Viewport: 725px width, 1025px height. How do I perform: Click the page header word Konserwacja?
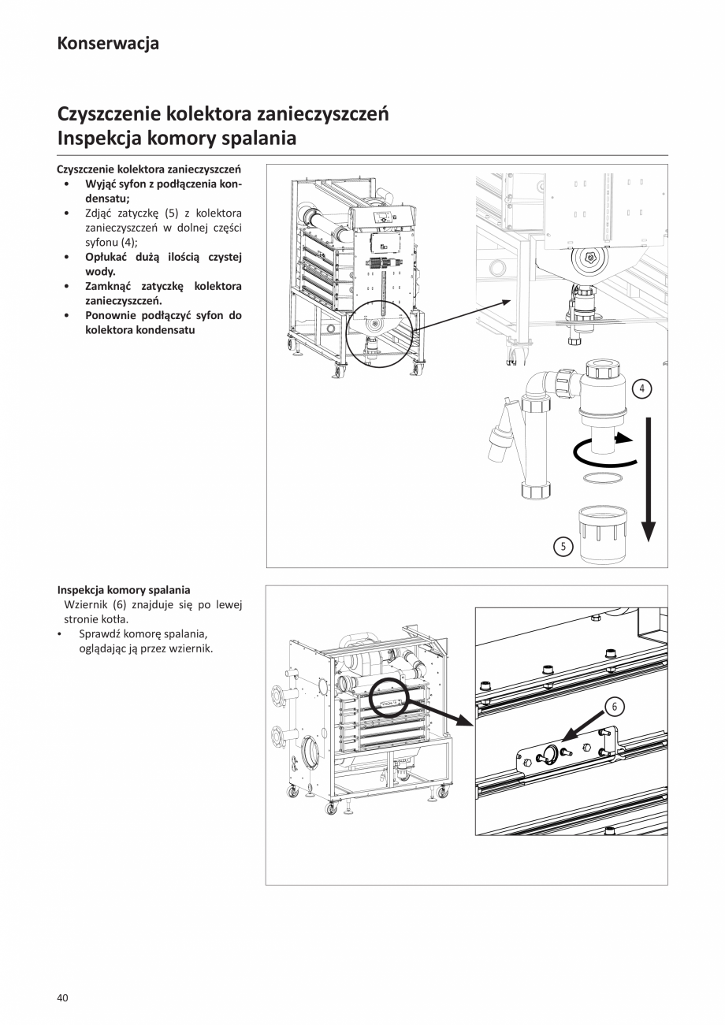[108, 43]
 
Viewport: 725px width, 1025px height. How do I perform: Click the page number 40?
[63, 997]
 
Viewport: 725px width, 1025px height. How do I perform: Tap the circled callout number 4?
[642, 388]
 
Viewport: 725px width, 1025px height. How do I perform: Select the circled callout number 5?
[563, 546]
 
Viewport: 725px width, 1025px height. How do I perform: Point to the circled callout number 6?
[614, 707]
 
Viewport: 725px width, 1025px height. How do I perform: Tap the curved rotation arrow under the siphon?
[604, 451]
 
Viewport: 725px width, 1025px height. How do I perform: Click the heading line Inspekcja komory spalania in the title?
[177, 138]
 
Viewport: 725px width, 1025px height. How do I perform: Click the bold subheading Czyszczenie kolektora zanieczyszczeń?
[149, 169]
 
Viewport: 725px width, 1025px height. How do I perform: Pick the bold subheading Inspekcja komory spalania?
[124, 589]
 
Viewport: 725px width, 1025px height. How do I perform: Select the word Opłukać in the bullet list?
[107, 257]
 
